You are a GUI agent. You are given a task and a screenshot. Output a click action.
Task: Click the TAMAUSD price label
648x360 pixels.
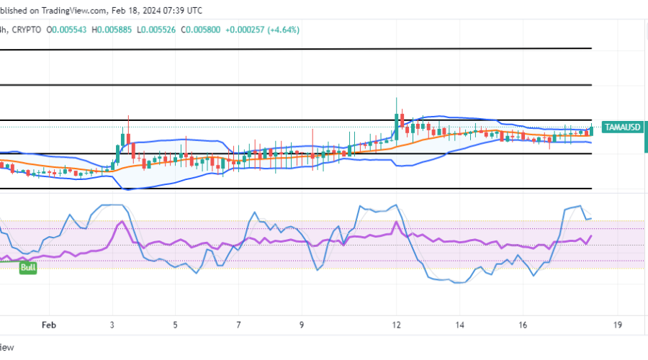[621, 127]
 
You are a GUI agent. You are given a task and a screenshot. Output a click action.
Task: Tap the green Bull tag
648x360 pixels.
[27, 267]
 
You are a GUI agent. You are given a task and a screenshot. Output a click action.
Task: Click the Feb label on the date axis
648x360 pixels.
[48, 325]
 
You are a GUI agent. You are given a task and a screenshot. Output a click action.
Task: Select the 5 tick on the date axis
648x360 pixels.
[176, 325]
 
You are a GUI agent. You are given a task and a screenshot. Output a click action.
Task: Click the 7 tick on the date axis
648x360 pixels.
[239, 325]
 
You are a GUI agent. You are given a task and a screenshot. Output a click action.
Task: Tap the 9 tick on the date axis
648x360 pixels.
[302, 325]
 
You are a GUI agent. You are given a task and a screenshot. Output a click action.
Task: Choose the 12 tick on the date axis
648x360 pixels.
[396, 325]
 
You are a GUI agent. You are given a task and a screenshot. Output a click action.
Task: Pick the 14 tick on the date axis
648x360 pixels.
[460, 325]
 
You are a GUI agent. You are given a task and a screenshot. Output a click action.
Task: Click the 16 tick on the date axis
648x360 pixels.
[522, 325]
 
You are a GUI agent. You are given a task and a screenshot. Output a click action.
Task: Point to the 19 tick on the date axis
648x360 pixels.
[618, 325]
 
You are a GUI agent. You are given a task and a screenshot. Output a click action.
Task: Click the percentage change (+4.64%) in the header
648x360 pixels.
[283, 30]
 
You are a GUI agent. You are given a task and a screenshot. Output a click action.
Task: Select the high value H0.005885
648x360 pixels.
[118, 30]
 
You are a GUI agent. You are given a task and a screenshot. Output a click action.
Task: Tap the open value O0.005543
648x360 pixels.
[71, 30]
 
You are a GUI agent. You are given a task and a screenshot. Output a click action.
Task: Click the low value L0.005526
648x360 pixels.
[165, 30]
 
